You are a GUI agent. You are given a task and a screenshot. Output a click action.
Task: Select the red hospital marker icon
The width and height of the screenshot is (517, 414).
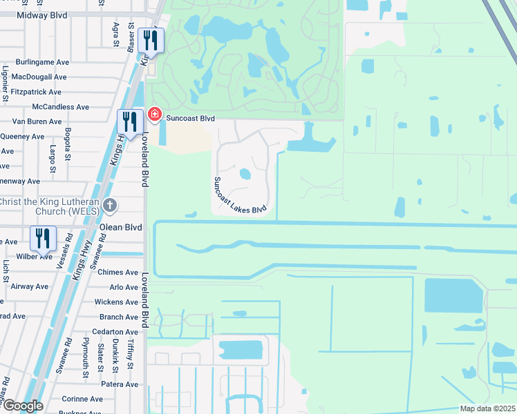[154, 115]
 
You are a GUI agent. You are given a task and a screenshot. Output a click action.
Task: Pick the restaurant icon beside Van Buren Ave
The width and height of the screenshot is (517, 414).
[130, 122]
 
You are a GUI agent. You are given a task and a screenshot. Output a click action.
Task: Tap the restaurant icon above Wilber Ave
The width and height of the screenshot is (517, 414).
[43, 238]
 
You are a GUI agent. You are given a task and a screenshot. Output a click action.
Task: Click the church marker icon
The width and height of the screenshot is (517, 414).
[110, 206]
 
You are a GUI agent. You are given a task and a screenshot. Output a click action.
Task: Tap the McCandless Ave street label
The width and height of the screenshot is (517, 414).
[61, 107]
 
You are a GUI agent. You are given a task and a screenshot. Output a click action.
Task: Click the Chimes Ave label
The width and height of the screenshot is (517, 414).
[118, 273]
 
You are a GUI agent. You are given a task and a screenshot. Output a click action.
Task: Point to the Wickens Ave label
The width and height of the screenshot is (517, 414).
[115, 302]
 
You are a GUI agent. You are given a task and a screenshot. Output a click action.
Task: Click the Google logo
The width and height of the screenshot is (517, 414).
[22, 406]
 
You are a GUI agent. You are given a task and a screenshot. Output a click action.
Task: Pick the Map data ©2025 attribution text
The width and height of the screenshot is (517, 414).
[487, 408]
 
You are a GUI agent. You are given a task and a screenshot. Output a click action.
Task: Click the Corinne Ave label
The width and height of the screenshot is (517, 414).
[82, 399]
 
